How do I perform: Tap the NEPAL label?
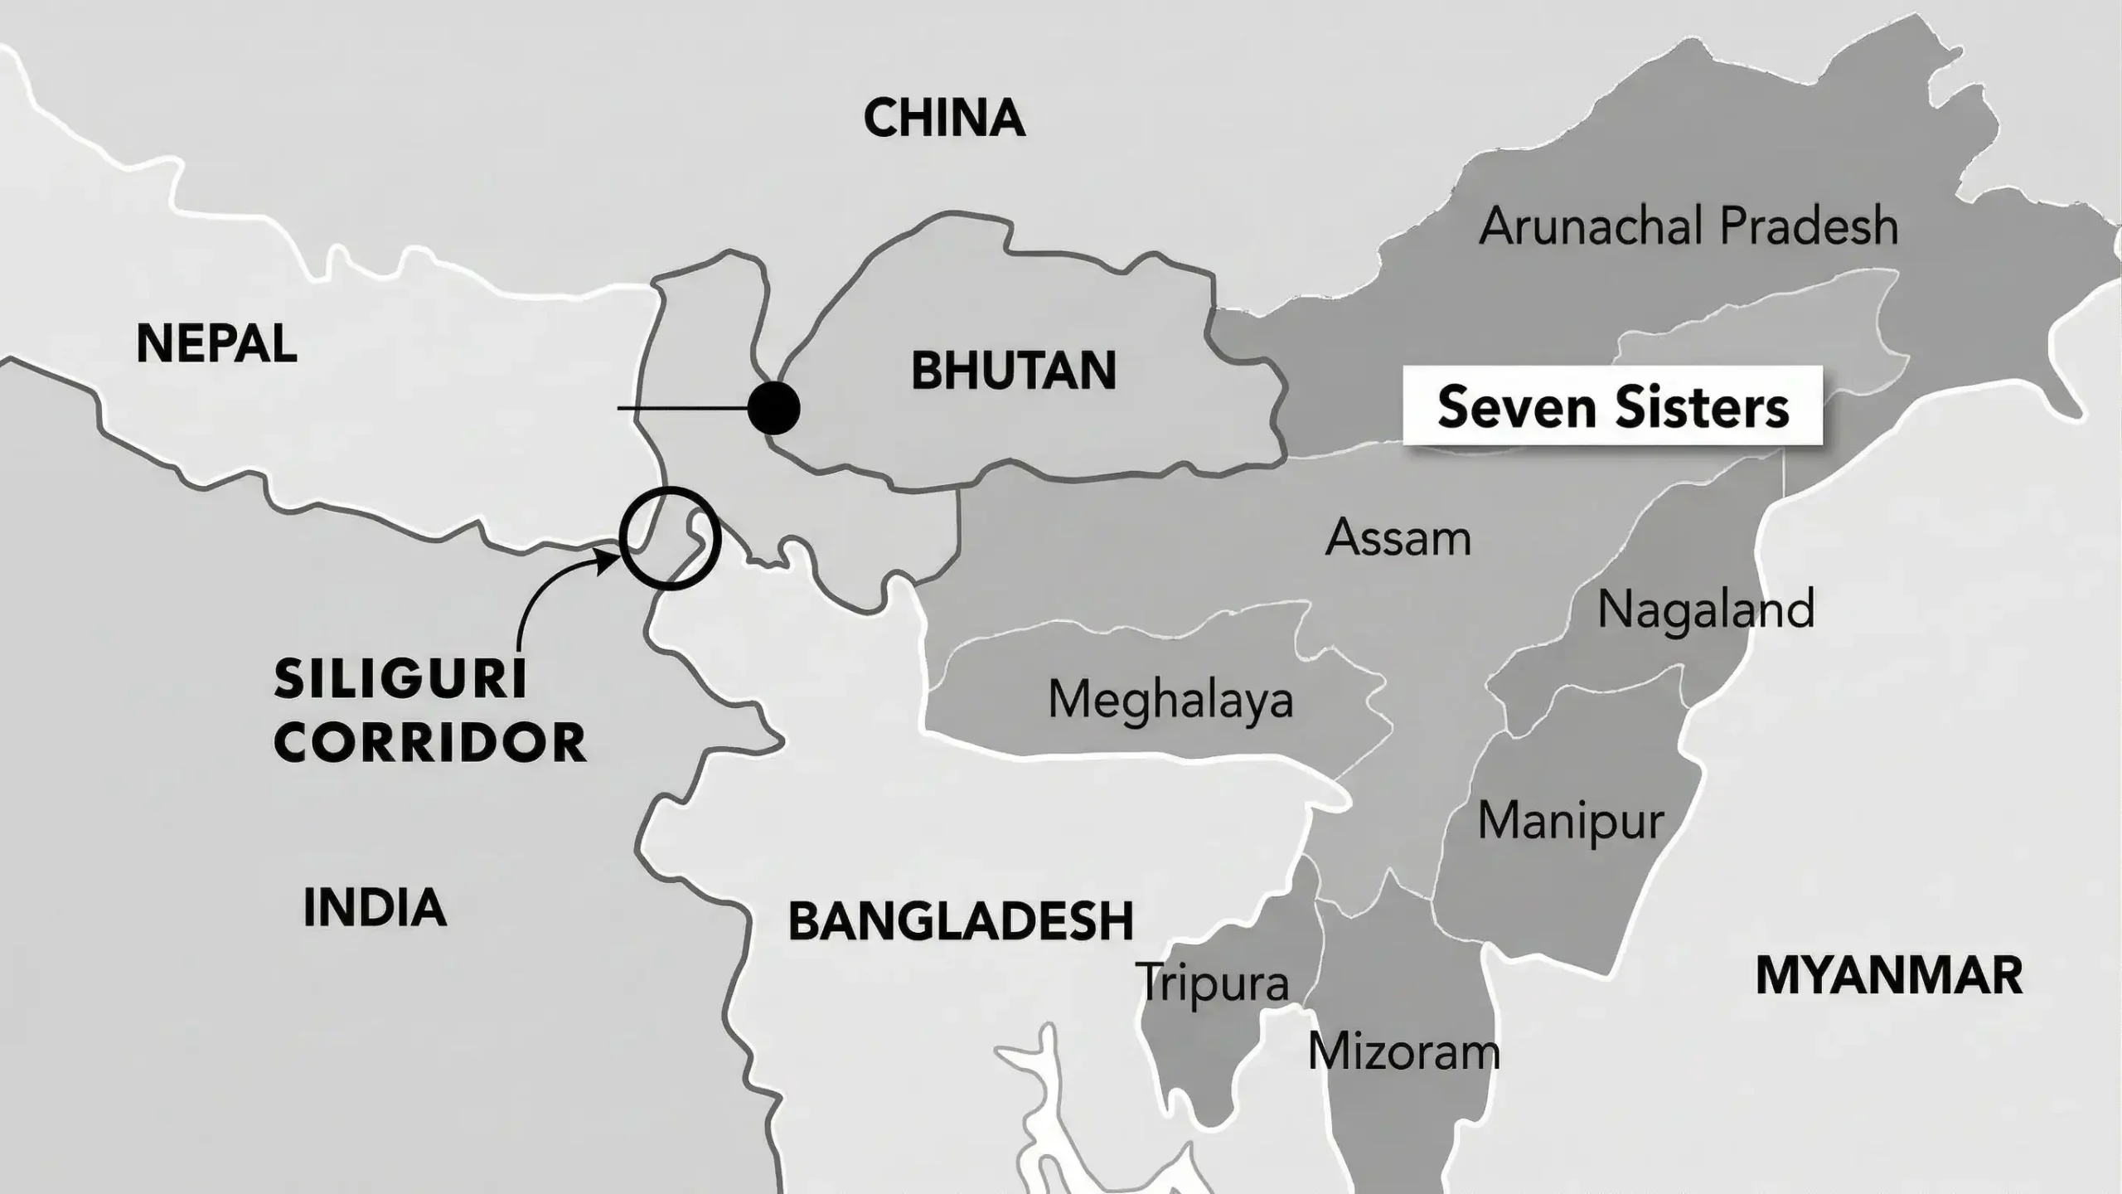[x=216, y=343]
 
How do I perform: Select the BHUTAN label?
[x=1013, y=371]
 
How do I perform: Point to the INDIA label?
[x=375, y=907]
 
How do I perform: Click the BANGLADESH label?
[x=960, y=921]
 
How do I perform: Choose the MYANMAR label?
[x=1889, y=976]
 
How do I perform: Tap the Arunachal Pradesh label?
[x=1688, y=226]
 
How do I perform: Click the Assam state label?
[x=1398, y=538]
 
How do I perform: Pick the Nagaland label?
[x=1705, y=609]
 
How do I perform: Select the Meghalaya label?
[x=1170, y=700]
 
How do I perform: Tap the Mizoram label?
[x=1403, y=1052]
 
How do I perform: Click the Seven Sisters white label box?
[x=1612, y=407]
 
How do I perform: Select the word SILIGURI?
[x=400, y=680]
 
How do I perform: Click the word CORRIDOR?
[x=429, y=743]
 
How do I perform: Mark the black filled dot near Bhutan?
[x=773, y=408]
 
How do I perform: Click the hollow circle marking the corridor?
[x=670, y=539]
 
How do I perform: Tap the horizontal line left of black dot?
[x=681, y=408]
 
